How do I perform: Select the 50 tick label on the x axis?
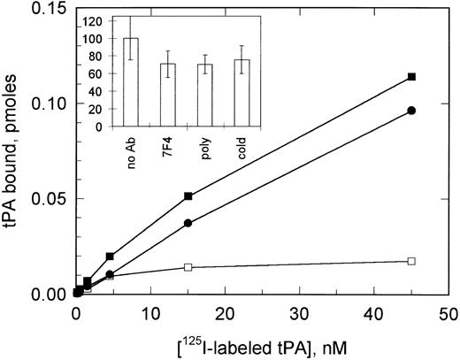coord(449,312)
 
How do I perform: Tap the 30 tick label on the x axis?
coord(300,312)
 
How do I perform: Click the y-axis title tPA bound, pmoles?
coord(15,150)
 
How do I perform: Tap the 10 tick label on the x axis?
coord(150,312)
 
